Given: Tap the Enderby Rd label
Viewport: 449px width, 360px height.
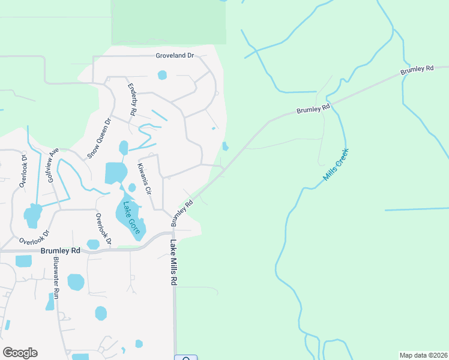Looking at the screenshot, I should click(133, 100).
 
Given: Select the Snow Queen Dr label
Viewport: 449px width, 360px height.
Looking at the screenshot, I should click(100, 137).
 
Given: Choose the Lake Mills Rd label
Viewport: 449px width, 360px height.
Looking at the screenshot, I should click(173, 263).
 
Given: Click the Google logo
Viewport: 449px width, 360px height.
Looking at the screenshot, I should click(20, 353).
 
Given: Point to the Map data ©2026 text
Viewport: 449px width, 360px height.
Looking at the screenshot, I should click(423, 355).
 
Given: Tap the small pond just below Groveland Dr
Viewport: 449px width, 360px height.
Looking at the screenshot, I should click(162, 75).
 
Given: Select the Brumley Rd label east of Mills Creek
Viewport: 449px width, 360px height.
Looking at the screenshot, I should click(417, 70).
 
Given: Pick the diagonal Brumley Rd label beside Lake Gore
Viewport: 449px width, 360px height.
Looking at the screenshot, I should click(182, 212).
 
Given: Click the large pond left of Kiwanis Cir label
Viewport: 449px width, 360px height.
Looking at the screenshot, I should click(115, 173).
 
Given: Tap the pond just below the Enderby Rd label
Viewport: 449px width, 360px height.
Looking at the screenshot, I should click(124, 147).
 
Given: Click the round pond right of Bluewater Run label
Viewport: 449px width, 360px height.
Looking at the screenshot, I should click(76, 281).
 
